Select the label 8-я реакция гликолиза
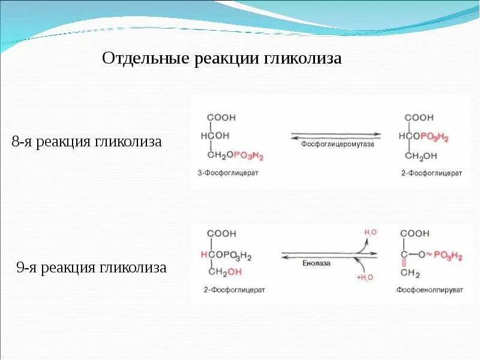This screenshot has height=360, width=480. coord(87,142)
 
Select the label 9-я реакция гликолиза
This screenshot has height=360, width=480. coord(91,268)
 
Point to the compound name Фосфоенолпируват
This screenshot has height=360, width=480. coord(430,290)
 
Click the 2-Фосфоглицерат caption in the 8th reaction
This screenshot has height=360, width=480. coord(432,173)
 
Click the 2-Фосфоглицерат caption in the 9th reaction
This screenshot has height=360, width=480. coord(235,290)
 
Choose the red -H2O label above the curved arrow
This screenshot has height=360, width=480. coord(368,232)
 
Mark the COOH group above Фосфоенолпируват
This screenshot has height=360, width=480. coord(415,233)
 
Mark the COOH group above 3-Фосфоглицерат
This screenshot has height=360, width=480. coord(221,118)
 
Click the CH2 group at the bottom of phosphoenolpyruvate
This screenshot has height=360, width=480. coord(410,274)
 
